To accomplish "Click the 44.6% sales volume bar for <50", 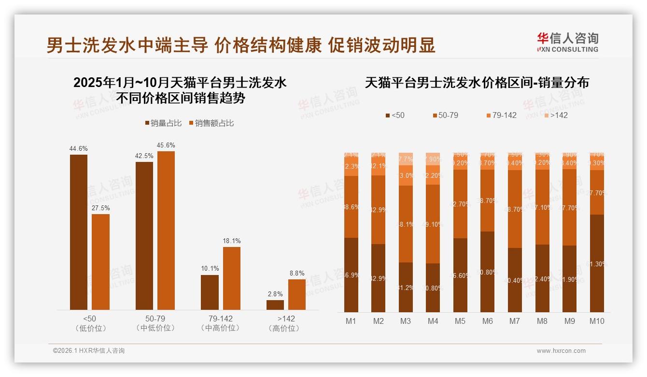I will pyautogui.click(x=79, y=232).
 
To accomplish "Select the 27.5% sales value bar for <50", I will pyautogui.click(x=100, y=261).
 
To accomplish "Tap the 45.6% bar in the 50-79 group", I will pyautogui.click(x=166, y=230).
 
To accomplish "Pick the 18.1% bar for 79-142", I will pyautogui.click(x=231, y=278).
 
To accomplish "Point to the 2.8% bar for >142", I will pyautogui.click(x=275, y=304).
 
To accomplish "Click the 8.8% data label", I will pyautogui.click(x=297, y=274).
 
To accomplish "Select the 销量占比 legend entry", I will pyautogui.click(x=163, y=123).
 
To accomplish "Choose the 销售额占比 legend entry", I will pyautogui.click(x=211, y=123).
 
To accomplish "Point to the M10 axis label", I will pyautogui.click(x=597, y=321).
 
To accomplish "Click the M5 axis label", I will pyautogui.click(x=460, y=321).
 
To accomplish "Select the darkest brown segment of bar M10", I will pyautogui.click(x=597, y=263).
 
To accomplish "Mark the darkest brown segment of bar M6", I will pyautogui.click(x=488, y=272).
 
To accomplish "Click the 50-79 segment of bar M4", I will pyautogui.click(x=433, y=224).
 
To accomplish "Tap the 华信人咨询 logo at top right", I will pyautogui.click(x=567, y=42).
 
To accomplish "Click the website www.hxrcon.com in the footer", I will pyautogui.click(x=561, y=351).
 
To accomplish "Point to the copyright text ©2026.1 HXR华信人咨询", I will pyautogui.click(x=89, y=351).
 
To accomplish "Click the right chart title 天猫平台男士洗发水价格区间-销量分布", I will pyautogui.click(x=477, y=83).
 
